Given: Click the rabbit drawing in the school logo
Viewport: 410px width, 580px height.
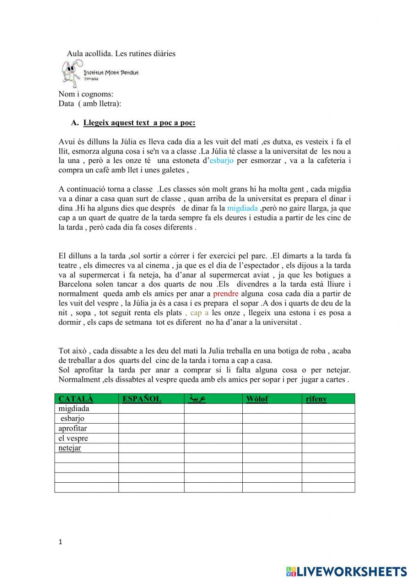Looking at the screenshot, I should pyautogui.click(x=71, y=73).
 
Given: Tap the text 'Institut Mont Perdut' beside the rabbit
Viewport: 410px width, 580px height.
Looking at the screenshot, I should pyautogui.click(x=111, y=73).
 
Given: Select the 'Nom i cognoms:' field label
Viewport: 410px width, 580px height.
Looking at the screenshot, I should pyautogui.click(x=86, y=94).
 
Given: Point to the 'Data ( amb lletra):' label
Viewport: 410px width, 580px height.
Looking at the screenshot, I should pyautogui.click(x=90, y=103).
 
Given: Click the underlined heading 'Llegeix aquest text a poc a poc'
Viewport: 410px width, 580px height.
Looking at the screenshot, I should pyautogui.click(x=139, y=123).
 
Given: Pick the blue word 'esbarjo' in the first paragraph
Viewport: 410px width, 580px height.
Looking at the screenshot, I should pyautogui.click(x=221, y=160).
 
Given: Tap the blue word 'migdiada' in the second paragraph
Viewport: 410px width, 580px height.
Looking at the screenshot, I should pyautogui.click(x=242, y=208).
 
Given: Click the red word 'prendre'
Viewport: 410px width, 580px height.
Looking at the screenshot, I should pyautogui.click(x=225, y=293).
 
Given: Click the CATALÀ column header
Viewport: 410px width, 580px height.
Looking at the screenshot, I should pyautogui.click(x=76, y=399).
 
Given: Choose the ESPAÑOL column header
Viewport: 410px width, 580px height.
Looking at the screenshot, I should pyautogui.click(x=142, y=399).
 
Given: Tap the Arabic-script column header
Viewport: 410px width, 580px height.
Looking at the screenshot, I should pyautogui.click(x=197, y=399).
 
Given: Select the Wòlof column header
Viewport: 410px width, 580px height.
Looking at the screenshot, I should pyautogui.click(x=257, y=399).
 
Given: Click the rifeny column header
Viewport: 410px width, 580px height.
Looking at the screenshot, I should pyautogui.click(x=316, y=399).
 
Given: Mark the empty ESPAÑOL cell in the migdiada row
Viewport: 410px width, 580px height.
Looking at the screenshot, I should pyautogui.click(x=151, y=408).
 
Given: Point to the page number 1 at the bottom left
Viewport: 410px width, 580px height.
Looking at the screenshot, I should pyautogui.click(x=61, y=542).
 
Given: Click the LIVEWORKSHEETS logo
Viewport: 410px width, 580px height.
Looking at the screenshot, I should pyautogui.click(x=346, y=571).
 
